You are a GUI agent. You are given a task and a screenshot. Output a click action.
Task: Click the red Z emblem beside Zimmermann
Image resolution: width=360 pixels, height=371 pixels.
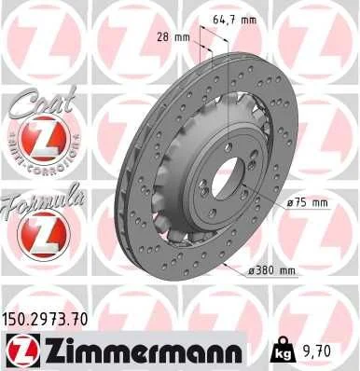pos(19,350)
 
